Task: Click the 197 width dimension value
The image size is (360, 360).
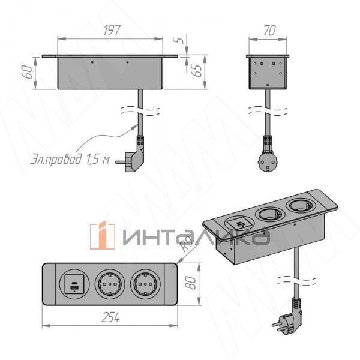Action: (112, 30)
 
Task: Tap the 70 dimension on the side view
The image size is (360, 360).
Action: (269, 31)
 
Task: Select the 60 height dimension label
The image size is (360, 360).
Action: (28, 71)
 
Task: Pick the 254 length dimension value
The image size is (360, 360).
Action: (110, 317)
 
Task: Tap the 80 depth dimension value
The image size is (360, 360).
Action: (191, 283)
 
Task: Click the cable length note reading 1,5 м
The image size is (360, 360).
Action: (98, 158)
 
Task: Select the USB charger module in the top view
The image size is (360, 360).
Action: (74, 284)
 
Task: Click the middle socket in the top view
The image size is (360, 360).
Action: (110, 284)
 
